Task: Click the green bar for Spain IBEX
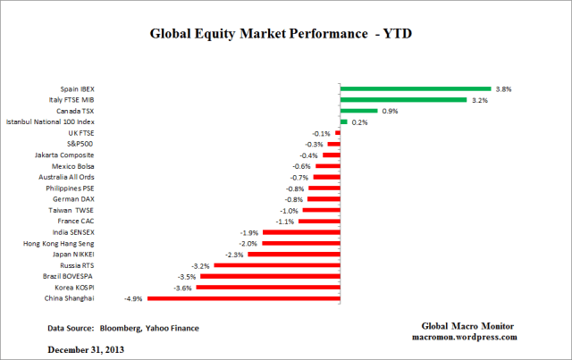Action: point(416,88)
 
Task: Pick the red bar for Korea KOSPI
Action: point(268,286)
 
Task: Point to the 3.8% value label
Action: point(505,89)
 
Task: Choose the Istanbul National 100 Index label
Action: point(49,121)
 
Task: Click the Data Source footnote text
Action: point(123,328)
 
